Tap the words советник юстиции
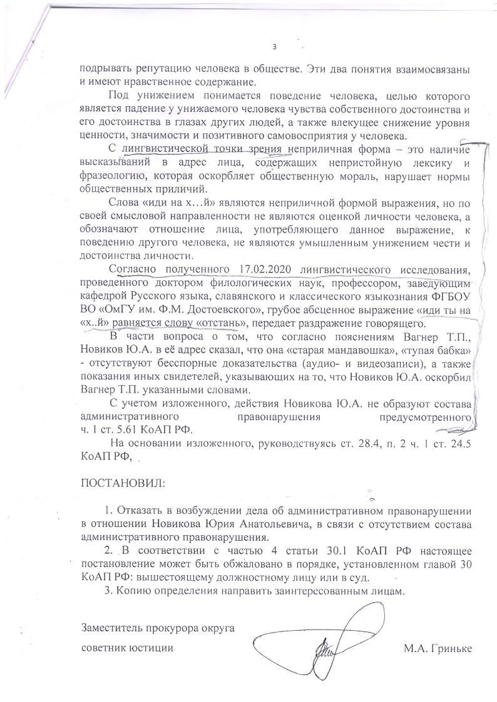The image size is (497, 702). (x=127, y=647)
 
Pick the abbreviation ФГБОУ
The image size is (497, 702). (x=450, y=296)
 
